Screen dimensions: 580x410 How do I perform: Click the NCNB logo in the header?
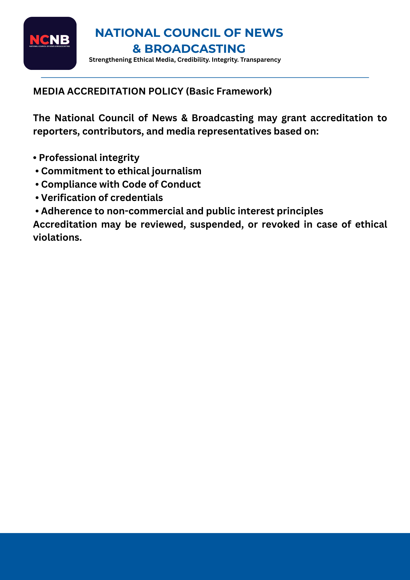[x=50, y=43]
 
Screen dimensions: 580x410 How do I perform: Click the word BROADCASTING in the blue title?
[x=195, y=49]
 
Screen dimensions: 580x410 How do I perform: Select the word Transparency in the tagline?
[x=260, y=60]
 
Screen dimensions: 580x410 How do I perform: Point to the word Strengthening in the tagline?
[x=110, y=60]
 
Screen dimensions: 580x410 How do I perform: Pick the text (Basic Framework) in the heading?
[x=229, y=91]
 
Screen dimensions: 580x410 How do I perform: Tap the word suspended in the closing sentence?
[x=216, y=224]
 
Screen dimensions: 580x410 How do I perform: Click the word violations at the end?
[x=57, y=238]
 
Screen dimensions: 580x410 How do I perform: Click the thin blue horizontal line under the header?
[x=205, y=77]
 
